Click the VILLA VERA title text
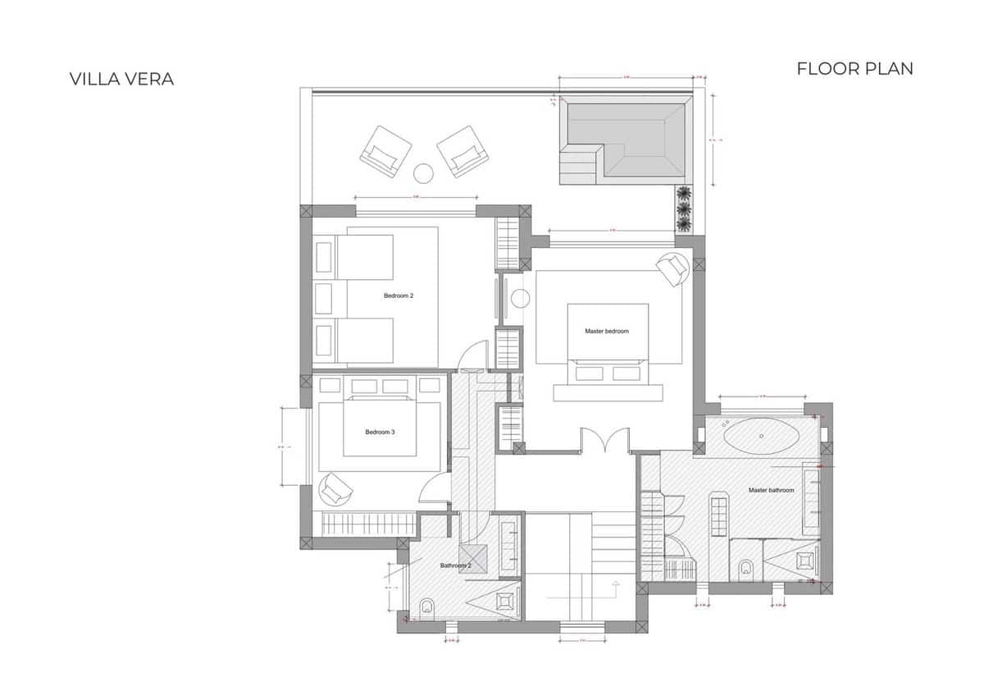[x=121, y=79]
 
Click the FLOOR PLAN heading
[x=854, y=68]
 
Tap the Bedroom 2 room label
[x=399, y=295]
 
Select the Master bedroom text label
[x=607, y=331]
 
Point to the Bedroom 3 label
[x=380, y=432]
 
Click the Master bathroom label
[x=771, y=490]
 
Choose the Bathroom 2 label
[x=454, y=565]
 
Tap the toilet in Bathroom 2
[x=426, y=607]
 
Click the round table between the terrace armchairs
[x=423, y=173]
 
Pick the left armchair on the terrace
[x=385, y=151]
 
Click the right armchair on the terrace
[x=462, y=151]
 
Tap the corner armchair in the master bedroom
[x=673, y=268]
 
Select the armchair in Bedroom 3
[x=335, y=490]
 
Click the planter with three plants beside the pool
[x=684, y=209]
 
